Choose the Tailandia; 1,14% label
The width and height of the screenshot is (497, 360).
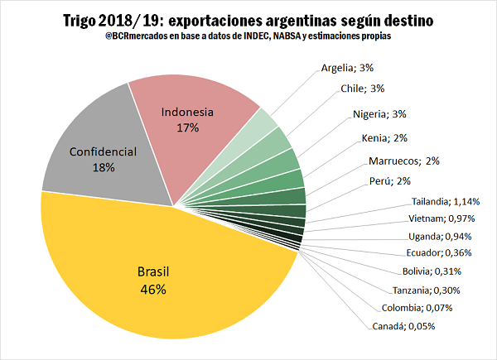pos(446,201)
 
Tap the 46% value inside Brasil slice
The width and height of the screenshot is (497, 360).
pos(153,290)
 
